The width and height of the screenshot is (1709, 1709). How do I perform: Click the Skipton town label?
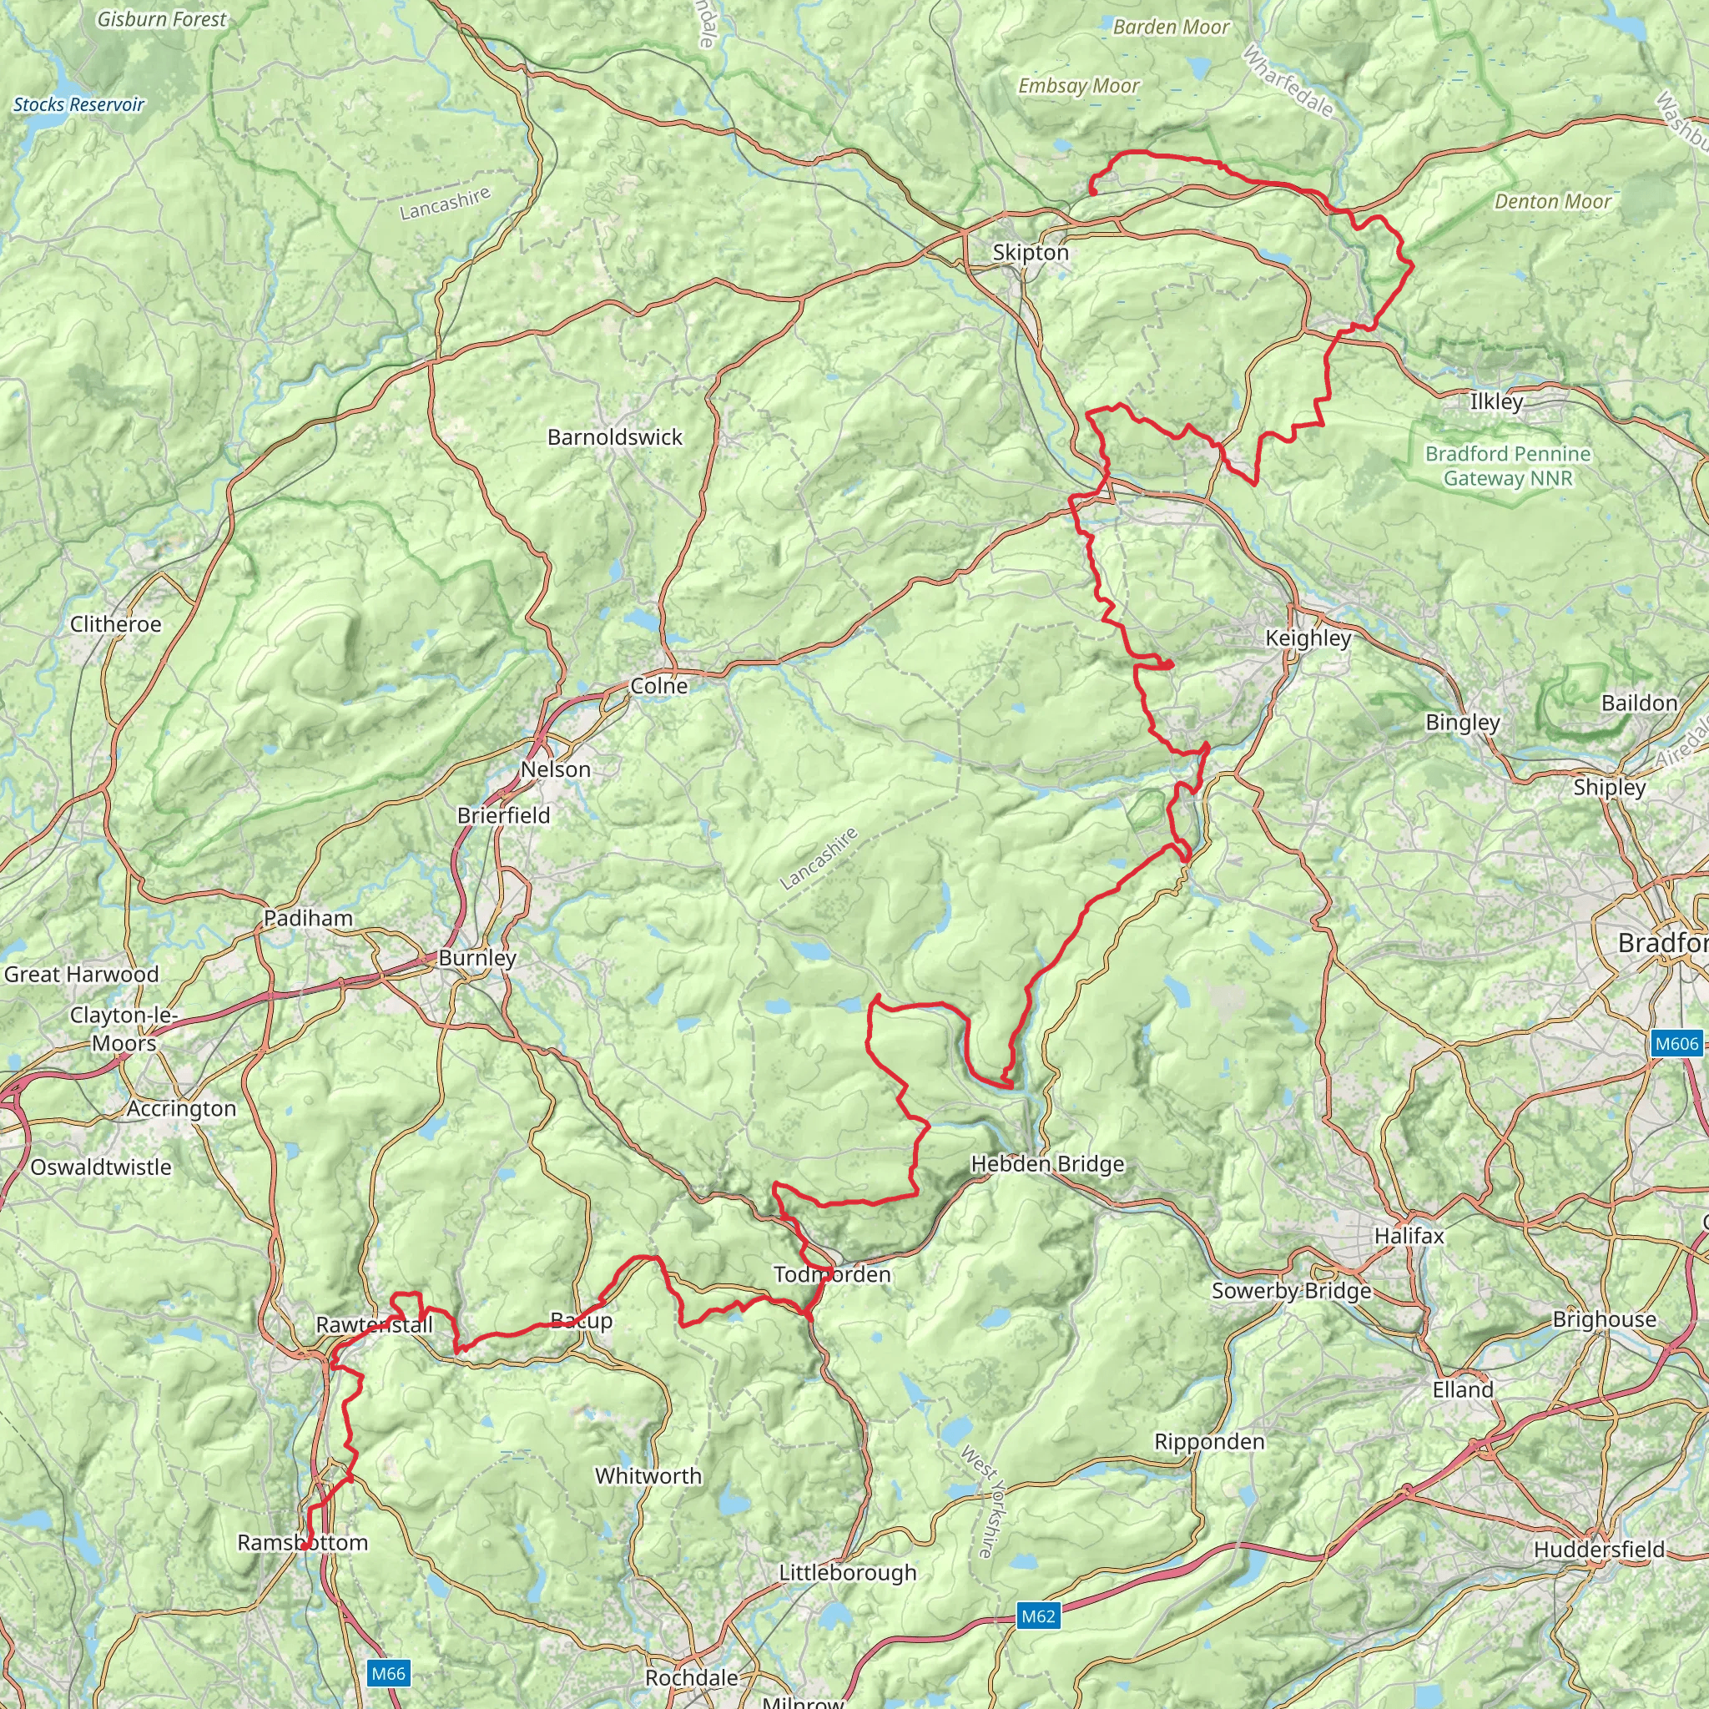click(x=1031, y=253)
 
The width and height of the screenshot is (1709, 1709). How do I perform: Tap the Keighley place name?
click(x=1308, y=638)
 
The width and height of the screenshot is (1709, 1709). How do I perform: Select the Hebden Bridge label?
click(x=1047, y=1164)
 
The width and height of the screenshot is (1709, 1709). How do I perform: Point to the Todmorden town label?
click(x=832, y=1275)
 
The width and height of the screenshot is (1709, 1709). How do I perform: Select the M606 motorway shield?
click(x=1676, y=1044)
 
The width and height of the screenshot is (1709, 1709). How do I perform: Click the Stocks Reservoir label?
click(x=78, y=104)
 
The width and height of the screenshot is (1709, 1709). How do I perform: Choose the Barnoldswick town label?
click(x=615, y=437)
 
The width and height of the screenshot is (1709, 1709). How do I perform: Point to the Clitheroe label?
click(x=116, y=624)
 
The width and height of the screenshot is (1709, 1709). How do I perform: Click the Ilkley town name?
click(x=1496, y=401)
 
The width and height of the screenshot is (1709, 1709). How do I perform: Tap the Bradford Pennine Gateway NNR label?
click(x=1507, y=466)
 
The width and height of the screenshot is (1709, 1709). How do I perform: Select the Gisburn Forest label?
click(x=162, y=19)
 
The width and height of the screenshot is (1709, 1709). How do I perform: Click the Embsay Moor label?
click(x=1078, y=86)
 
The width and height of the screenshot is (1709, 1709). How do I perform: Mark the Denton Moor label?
click(x=1552, y=202)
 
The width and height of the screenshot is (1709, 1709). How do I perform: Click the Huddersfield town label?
click(x=1600, y=1575)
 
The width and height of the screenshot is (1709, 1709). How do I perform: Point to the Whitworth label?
click(x=648, y=1475)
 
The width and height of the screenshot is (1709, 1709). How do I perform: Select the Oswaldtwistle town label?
click(x=101, y=1167)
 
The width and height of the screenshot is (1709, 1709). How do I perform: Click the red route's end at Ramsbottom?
click(x=304, y=1546)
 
